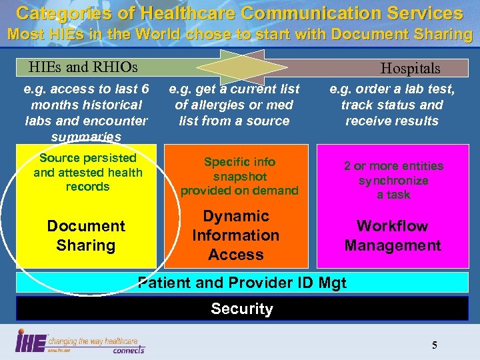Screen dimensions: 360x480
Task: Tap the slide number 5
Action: pos(435,345)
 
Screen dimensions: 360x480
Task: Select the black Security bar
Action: pos(241,309)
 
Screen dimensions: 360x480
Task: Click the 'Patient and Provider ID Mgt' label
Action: pos(241,283)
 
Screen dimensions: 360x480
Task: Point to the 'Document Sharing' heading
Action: pos(86,236)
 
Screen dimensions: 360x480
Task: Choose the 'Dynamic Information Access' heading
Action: pos(236,235)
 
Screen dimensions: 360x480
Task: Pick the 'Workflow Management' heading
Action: pos(393,236)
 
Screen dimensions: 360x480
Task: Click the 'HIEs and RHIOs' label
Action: pos(83,67)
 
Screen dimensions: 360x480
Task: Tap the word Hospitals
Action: pos(410,68)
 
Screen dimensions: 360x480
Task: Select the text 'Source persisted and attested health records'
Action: pos(88,172)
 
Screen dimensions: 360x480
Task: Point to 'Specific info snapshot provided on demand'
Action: pos(239,176)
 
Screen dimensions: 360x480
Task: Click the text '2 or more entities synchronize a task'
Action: pos(393,180)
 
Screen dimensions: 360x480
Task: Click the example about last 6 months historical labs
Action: pos(85,113)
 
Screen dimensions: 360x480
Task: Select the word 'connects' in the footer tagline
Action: pos(129,349)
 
